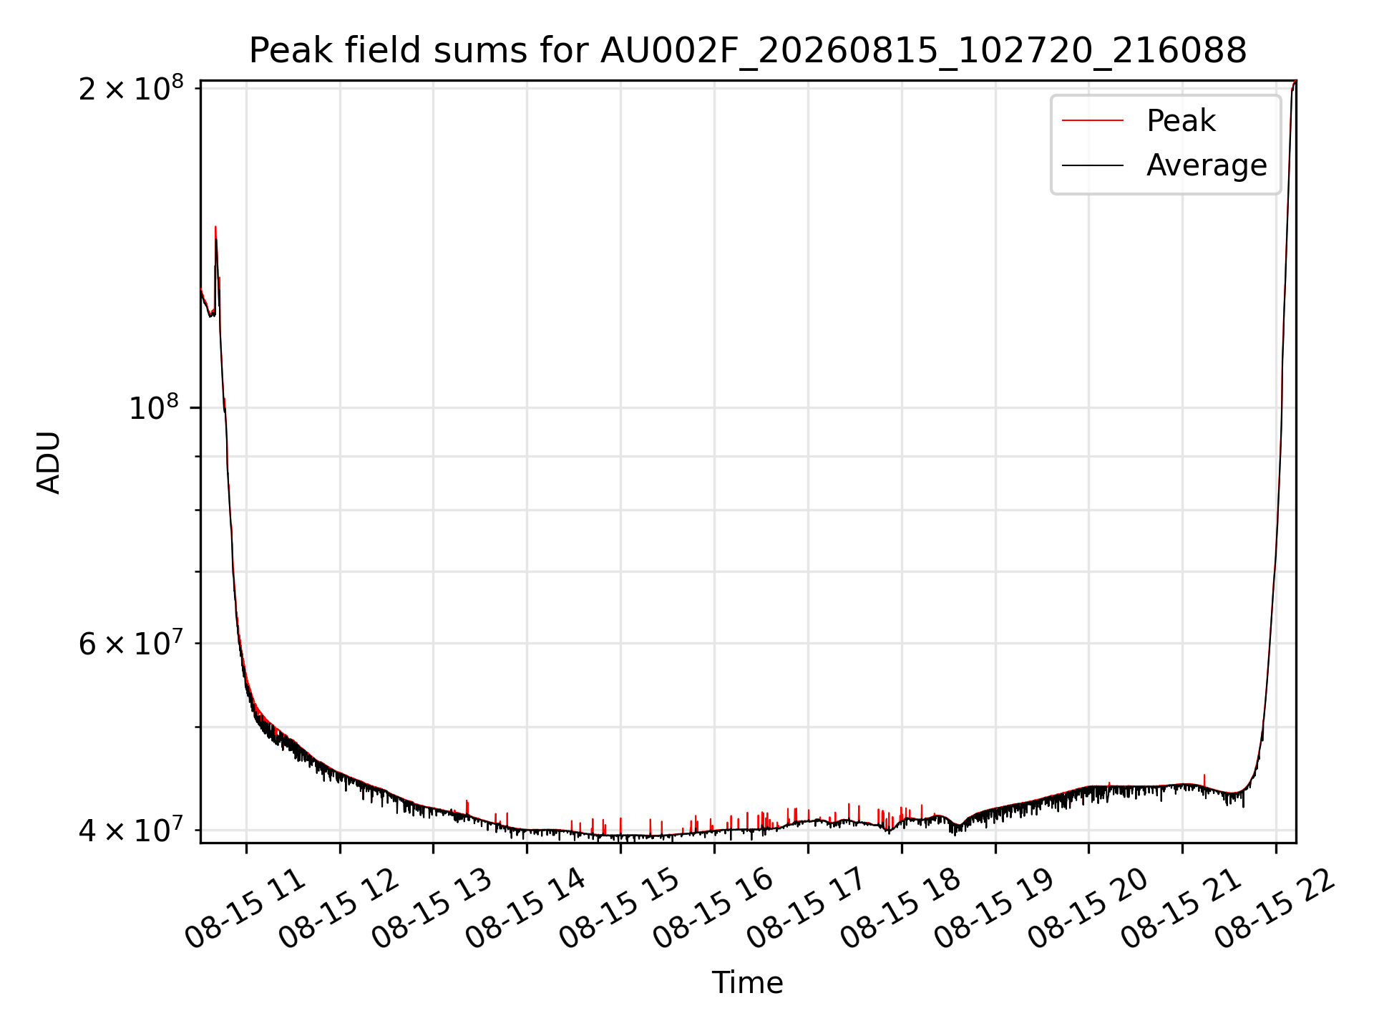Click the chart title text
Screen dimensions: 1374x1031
click(x=748, y=51)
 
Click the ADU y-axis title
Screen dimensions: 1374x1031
click(x=49, y=462)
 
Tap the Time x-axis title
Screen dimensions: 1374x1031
click(x=747, y=982)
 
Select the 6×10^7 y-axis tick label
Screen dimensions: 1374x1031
click(x=131, y=642)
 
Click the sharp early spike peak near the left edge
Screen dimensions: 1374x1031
click(x=215, y=227)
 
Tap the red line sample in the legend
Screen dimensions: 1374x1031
click(x=1093, y=120)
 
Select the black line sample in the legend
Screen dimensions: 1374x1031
click(x=1093, y=165)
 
